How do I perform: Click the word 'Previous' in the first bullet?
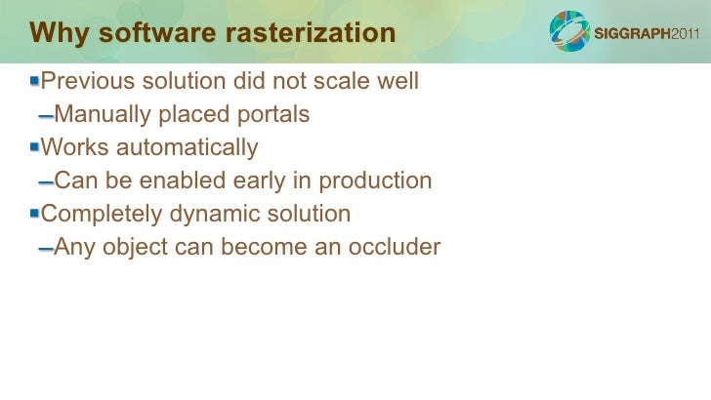click(83, 80)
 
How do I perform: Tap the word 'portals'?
click(273, 115)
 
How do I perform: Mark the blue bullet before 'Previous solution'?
click(35, 79)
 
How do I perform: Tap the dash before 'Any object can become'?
click(45, 250)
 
